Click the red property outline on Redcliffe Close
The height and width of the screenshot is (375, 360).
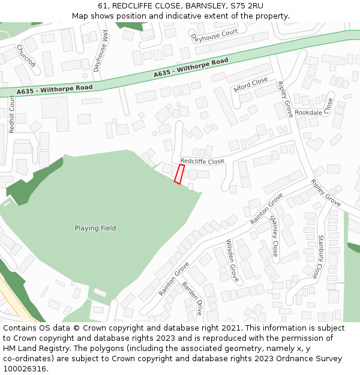click(179, 174)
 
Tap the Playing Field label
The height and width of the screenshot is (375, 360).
click(95, 228)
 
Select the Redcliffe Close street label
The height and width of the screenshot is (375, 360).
click(202, 161)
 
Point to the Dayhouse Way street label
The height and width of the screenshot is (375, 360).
click(101, 52)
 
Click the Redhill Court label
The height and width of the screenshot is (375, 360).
click(11, 114)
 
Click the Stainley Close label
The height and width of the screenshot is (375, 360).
click(274, 236)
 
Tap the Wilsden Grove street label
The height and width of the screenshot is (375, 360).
click(232, 261)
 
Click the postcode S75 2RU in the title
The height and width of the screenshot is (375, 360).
click(247, 6)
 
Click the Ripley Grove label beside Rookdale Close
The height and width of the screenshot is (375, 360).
click(285, 100)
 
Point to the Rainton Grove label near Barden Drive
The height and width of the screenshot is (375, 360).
click(174, 278)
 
